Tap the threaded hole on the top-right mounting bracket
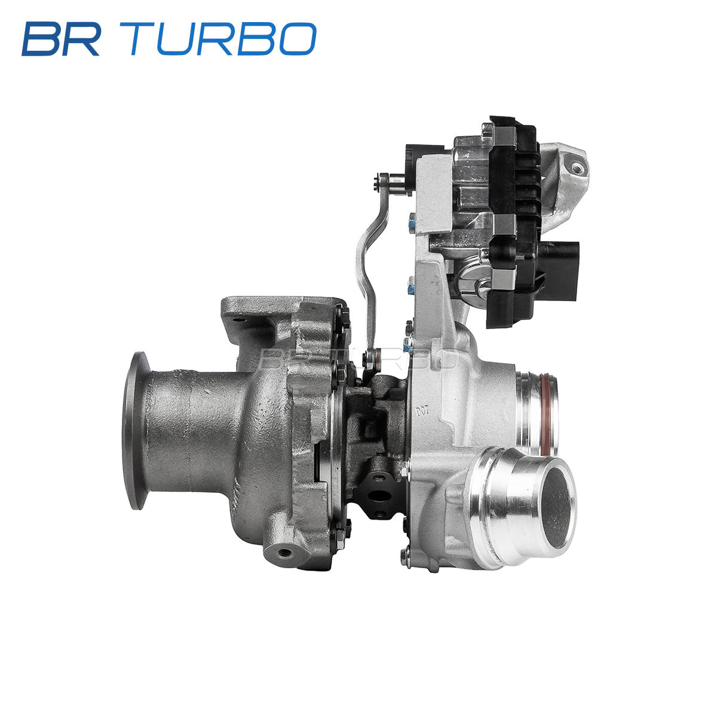click(x=577, y=167)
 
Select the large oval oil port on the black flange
click(x=378, y=495)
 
